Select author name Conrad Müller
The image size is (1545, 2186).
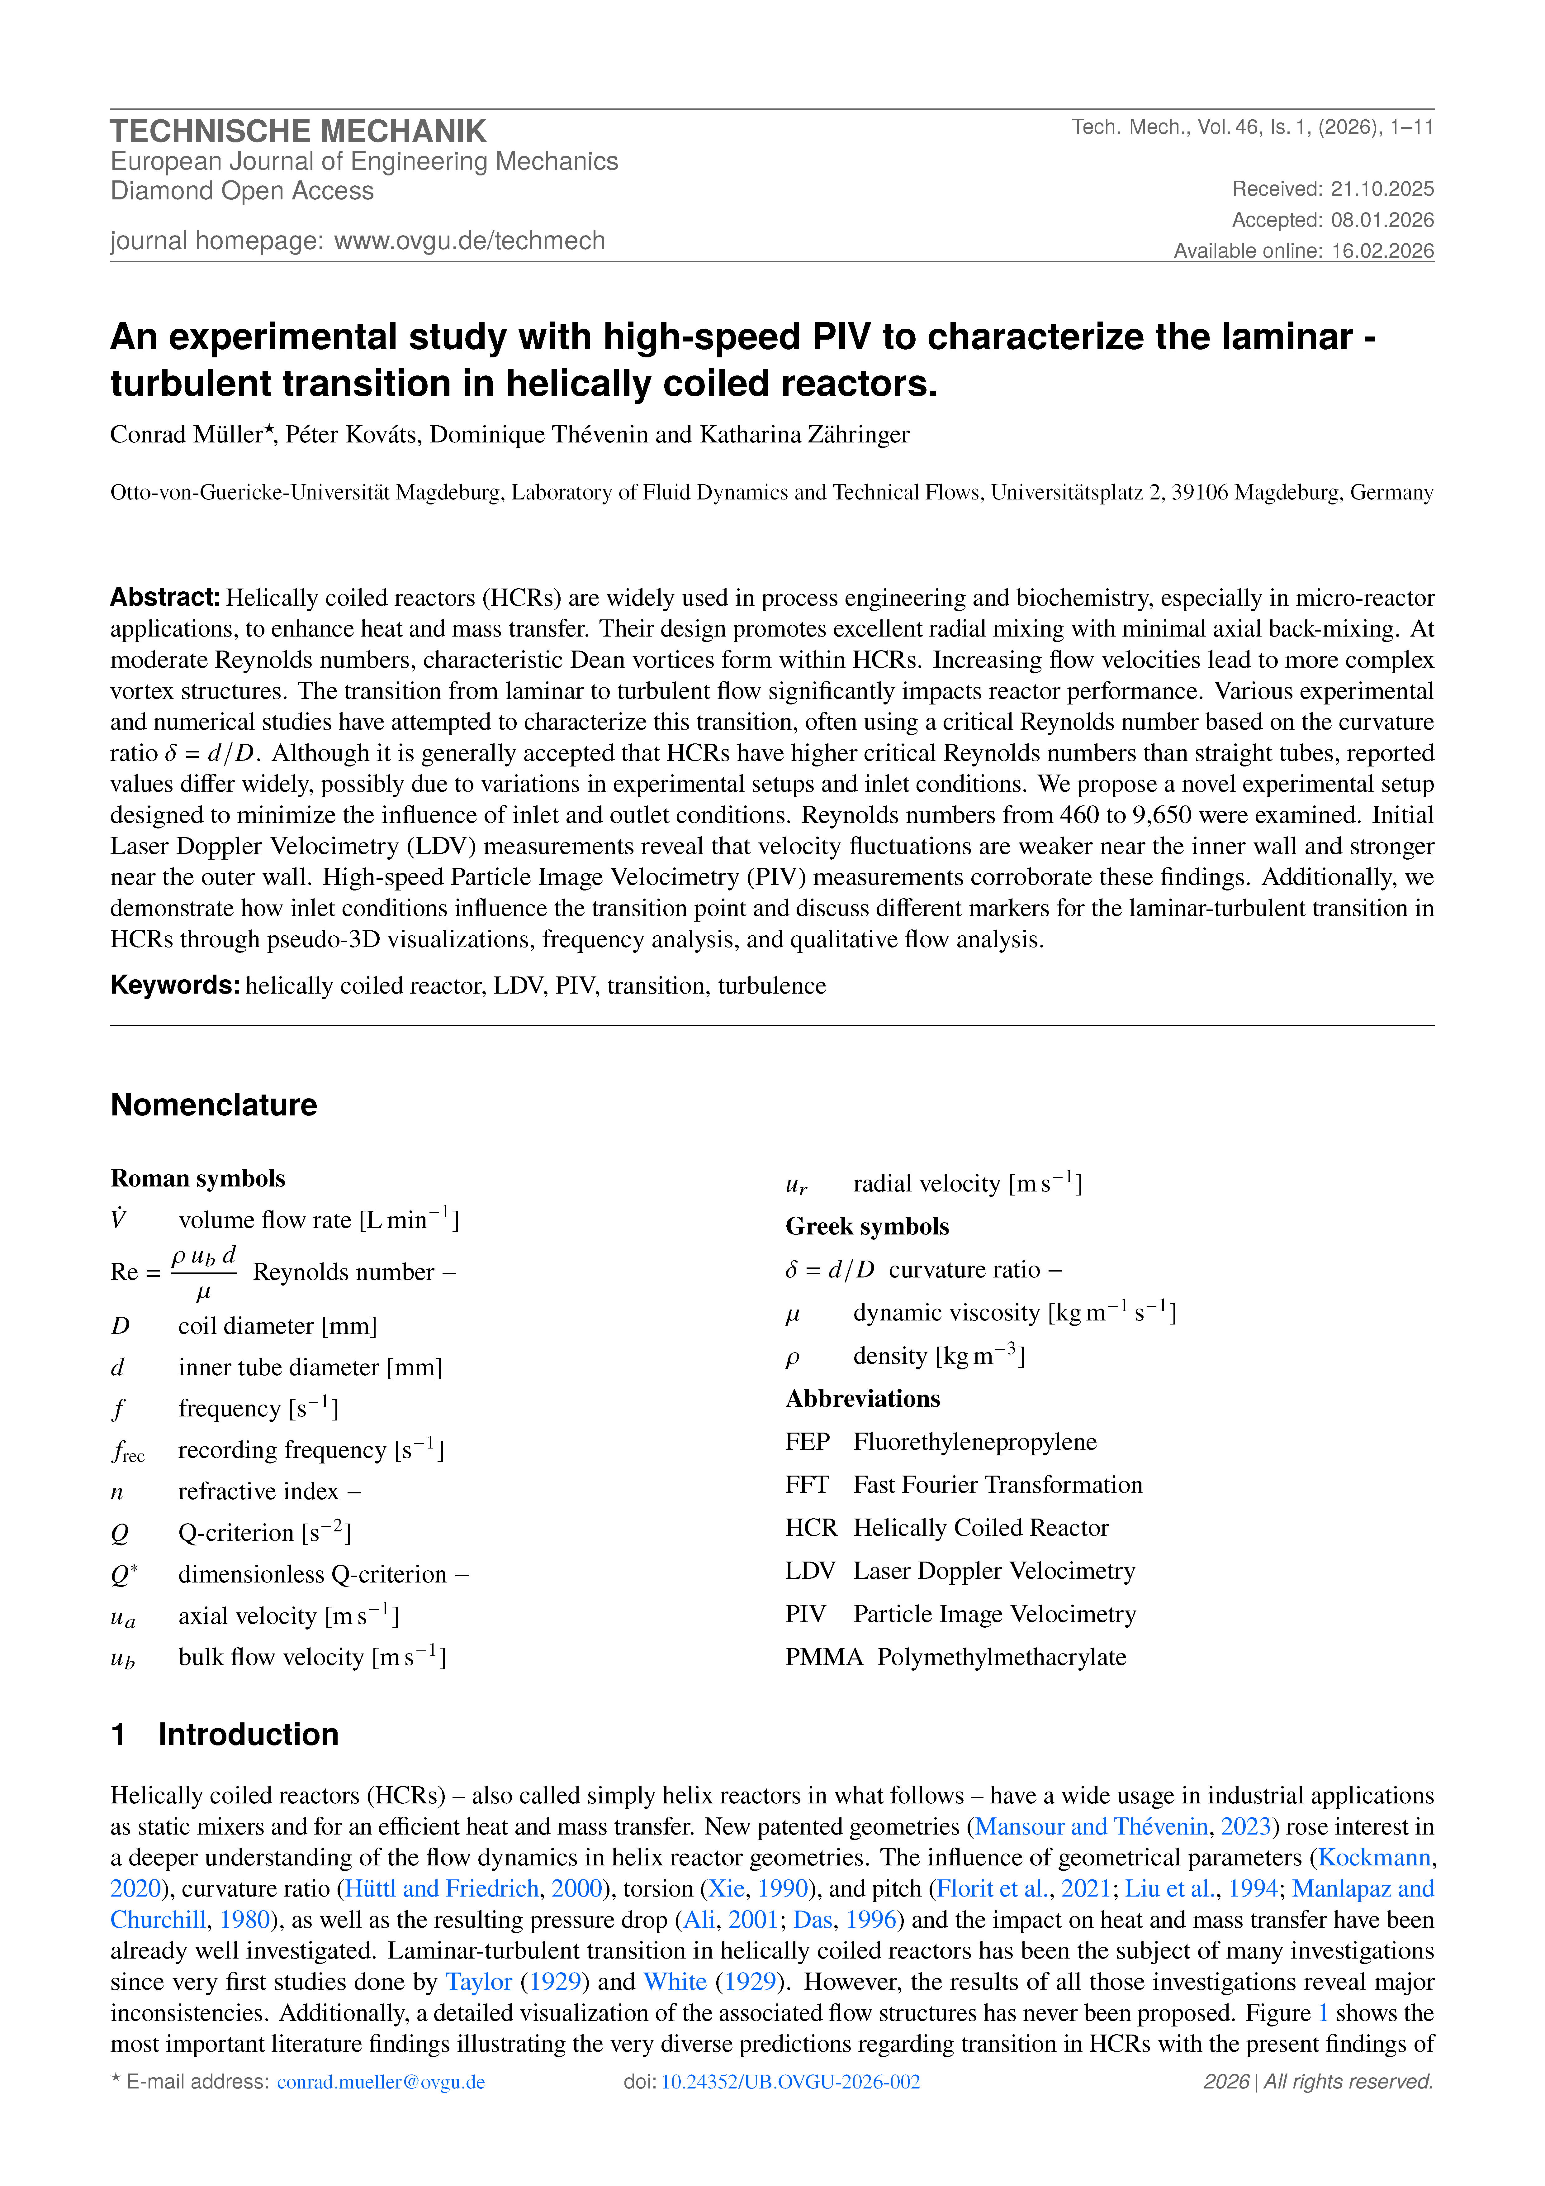click(187, 435)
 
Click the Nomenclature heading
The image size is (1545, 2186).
click(214, 1105)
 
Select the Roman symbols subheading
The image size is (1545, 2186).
click(198, 1179)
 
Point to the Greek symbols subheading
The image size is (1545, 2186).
click(867, 1226)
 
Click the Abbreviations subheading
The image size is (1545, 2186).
click(862, 1399)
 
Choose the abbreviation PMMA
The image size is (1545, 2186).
click(823, 1658)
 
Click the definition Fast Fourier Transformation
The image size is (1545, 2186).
click(998, 1485)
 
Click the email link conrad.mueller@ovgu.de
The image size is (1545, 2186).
click(381, 2082)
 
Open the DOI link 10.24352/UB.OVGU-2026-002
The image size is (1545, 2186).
click(790, 2082)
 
